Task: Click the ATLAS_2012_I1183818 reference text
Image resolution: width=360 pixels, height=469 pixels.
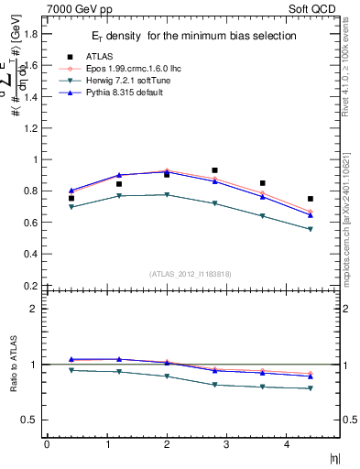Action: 191,273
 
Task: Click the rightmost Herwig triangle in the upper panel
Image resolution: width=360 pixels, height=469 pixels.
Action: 311,229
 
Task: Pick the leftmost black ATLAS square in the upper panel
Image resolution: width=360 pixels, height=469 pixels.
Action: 71,198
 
